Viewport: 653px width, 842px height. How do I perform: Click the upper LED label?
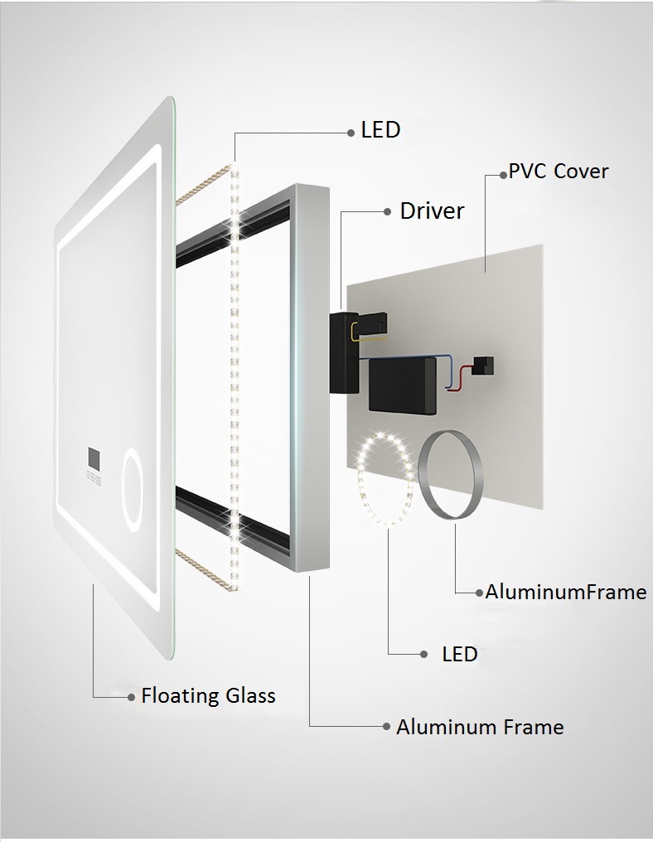click(x=380, y=130)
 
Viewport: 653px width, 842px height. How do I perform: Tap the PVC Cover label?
click(x=559, y=172)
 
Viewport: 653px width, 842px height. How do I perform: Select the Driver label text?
click(x=432, y=211)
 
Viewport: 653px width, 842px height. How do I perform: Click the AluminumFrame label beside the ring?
click(x=566, y=592)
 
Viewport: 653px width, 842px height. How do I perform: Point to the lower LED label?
click(x=460, y=654)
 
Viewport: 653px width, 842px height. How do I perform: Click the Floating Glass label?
click(x=208, y=695)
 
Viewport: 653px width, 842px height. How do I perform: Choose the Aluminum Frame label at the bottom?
click(x=480, y=727)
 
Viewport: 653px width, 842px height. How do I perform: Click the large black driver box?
click(x=403, y=386)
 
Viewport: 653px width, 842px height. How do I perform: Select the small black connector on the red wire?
click(x=484, y=365)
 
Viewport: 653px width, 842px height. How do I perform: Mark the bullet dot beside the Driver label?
click(x=388, y=212)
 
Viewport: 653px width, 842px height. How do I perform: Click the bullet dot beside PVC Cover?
click(x=503, y=175)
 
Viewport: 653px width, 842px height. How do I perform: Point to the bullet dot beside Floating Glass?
click(x=132, y=698)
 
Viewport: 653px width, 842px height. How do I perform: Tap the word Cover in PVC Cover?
click(x=581, y=172)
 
